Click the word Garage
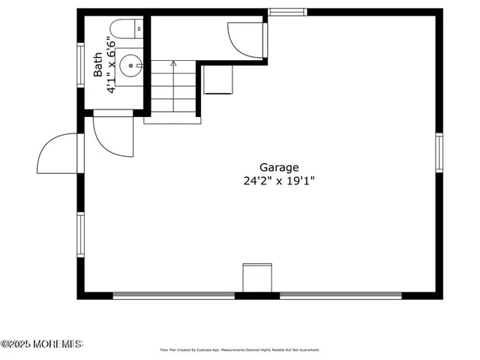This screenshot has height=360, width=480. (x=279, y=167)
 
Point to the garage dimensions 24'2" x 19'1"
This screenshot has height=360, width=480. (x=279, y=181)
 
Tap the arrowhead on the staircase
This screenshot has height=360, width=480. (x=173, y=64)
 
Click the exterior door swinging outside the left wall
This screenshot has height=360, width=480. (x=58, y=155)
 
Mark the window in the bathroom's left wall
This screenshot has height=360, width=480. (x=80, y=66)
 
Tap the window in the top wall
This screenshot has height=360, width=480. (x=288, y=12)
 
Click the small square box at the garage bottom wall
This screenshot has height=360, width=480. (x=257, y=277)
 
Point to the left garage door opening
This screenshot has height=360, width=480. (x=174, y=295)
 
